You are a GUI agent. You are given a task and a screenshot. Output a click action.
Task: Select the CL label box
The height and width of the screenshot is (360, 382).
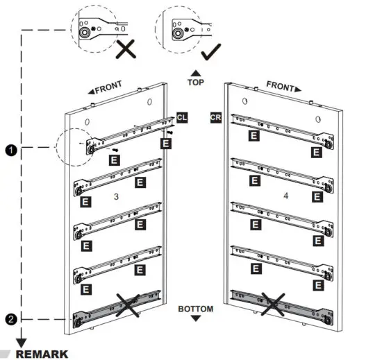(x=181, y=118)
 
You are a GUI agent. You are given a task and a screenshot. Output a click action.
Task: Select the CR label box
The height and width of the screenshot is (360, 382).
(x=216, y=118)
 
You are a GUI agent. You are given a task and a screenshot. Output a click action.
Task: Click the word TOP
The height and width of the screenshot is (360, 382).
(x=196, y=82)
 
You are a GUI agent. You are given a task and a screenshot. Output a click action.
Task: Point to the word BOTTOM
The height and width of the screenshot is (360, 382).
(x=195, y=308)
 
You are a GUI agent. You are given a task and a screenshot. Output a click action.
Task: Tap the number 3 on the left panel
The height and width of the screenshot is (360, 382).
(x=117, y=197)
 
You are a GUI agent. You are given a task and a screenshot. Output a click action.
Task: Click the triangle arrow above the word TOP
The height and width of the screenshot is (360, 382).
(x=196, y=72)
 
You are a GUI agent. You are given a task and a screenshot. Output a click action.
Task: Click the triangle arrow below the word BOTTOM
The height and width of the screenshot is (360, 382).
(x=195, y=318)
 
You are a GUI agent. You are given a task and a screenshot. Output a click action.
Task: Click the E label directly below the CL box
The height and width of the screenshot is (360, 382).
(x=166, y=144)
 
